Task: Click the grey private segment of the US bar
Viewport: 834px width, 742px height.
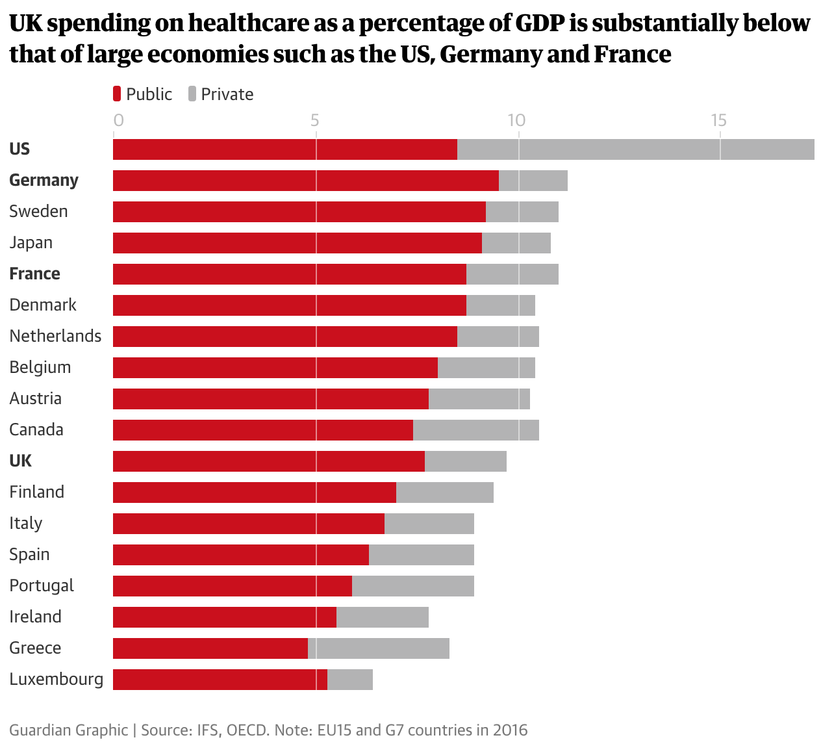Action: coord(635,149)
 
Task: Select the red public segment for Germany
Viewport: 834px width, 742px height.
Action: coord(305,181)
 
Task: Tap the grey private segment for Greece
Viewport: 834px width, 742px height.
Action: coord(379,648)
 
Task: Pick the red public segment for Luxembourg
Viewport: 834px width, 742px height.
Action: coord(220,680)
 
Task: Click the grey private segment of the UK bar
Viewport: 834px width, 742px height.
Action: coord(465,461)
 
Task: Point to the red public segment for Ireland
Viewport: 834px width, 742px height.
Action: coord(224,617)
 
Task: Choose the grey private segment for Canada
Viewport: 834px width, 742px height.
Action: coord(475,430)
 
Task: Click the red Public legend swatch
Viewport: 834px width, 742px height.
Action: coord(117,94)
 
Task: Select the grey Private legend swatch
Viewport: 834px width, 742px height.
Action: coord(192,94)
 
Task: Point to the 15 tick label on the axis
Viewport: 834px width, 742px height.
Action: coord(718,120)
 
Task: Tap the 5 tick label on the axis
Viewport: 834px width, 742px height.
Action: coord(315,120)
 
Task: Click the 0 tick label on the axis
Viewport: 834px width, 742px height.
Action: coord(118,120)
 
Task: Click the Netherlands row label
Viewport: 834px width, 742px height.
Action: coord(55,336)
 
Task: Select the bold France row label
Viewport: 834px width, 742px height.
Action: coord(34,274)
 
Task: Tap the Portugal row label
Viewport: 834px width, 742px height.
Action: coord(42,586)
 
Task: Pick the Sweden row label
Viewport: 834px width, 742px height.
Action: coord(38,211)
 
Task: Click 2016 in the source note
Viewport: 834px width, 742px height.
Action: coord(509,730)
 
